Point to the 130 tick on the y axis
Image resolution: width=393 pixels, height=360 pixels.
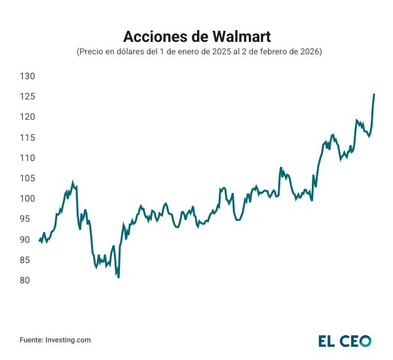[x=27, y=77]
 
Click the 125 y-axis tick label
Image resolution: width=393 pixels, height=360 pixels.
[x=27, y=97]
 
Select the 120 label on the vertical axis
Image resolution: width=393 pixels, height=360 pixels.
[x=27, y=117]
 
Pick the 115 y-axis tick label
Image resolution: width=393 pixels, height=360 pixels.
[x=27, y=137]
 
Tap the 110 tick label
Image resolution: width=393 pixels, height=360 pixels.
[x=27, y=158]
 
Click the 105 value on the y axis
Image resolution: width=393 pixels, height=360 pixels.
[x=27, y=179]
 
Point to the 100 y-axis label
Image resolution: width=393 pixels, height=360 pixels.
[x=27, y=199]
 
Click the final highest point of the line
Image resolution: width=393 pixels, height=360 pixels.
[x=374, y=94]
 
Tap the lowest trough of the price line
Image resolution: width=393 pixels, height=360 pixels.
[x=119, y=277]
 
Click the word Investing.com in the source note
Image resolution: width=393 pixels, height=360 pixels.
[x=68, y=340]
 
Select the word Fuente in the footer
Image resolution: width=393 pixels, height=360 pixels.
[x=31, y=340]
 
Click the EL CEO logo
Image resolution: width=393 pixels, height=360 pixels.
[x=345, y=340]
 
